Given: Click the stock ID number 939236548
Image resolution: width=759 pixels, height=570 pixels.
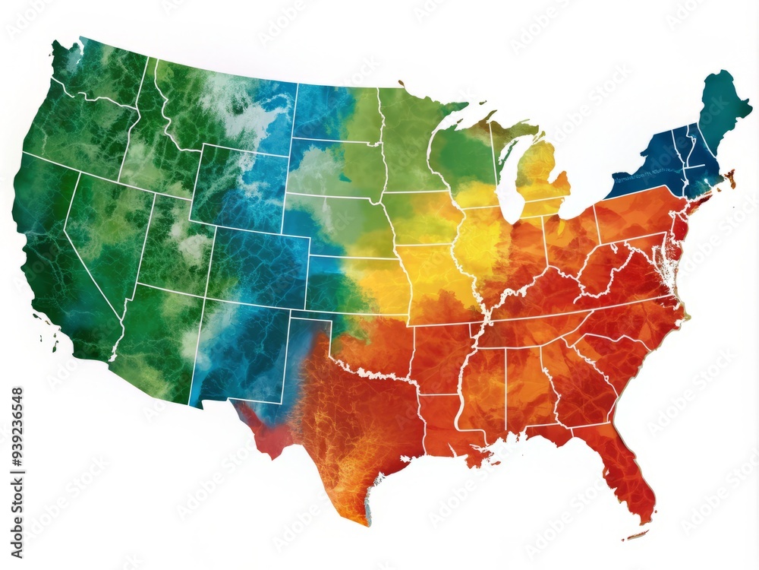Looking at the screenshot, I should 17,441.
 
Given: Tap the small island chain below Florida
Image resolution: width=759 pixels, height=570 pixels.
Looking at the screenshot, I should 636,535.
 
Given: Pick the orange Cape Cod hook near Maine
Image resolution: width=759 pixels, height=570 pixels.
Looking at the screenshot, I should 731,179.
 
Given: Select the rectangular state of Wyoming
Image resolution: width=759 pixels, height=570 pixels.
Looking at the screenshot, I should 238,186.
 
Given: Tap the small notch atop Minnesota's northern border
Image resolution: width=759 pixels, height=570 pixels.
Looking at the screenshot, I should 401,83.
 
